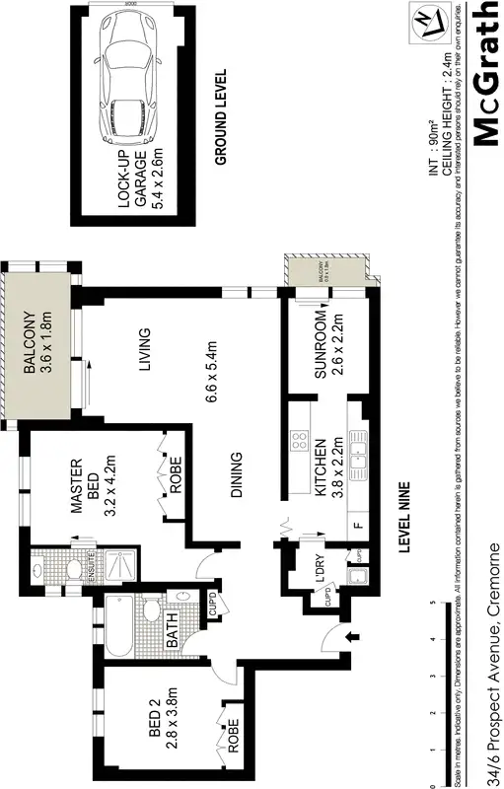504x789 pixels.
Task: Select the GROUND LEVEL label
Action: pyautogui.click(x=221, y=115)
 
